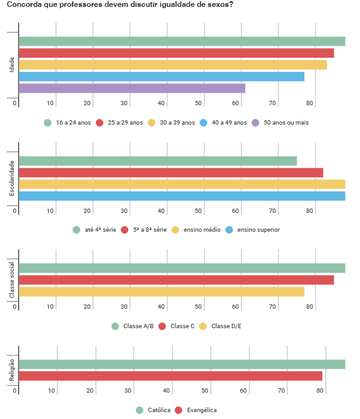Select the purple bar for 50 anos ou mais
point(132,88)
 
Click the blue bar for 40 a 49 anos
point(162,76)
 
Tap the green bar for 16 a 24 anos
point(182,41)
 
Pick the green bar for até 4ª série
point(158,161)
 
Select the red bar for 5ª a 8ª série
point(171,173)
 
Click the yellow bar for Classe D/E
point(162,291)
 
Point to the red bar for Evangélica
point(170,376)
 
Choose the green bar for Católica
point(182,365)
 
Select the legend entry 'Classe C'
point(182,326)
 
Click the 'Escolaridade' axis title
point(12,178)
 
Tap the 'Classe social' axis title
point(12,280)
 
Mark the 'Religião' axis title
point(12,374)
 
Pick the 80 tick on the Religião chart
point(320,391)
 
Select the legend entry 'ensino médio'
point(202,230)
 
